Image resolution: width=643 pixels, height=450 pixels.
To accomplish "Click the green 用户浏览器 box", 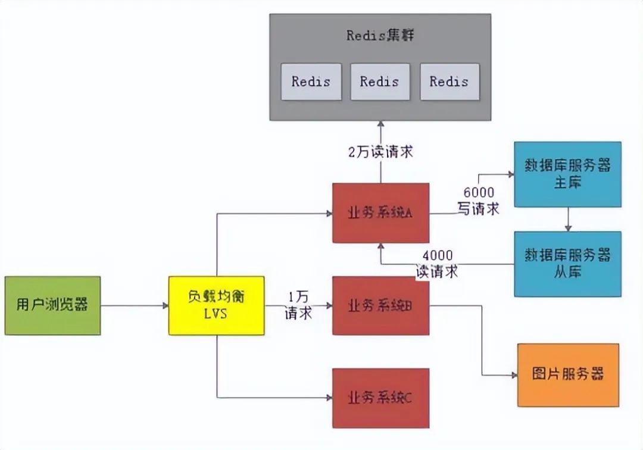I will click(52, 305).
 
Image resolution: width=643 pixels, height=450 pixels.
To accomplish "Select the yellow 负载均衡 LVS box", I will click(216, 305).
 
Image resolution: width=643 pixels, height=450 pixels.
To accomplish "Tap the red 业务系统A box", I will click(380, 212).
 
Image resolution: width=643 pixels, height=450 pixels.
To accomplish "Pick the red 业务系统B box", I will click(380, 305).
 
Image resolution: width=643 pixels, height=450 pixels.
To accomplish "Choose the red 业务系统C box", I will click(380, 398).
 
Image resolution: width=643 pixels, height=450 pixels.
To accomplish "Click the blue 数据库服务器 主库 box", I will click(567, 174).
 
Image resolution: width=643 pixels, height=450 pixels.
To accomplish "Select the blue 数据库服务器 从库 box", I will click(567, 264).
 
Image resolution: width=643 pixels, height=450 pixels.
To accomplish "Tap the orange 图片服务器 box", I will click(567, 375).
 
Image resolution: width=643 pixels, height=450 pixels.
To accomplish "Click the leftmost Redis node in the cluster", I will click(311, 81).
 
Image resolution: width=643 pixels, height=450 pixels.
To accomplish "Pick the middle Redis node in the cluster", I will click(380, 81).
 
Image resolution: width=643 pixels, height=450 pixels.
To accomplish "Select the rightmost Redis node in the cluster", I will click(449, 81).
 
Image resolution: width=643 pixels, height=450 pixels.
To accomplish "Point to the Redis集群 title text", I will click(380, 35).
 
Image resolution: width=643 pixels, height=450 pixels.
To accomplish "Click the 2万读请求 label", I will click(380, 152).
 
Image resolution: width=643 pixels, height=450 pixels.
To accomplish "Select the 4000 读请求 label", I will click(438, 263).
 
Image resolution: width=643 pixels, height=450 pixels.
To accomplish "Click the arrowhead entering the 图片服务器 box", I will click(513, 375).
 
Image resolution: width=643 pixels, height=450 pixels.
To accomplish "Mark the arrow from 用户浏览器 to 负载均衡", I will click(135, 305).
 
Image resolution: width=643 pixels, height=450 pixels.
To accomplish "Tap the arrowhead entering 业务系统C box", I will click(328, 397).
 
